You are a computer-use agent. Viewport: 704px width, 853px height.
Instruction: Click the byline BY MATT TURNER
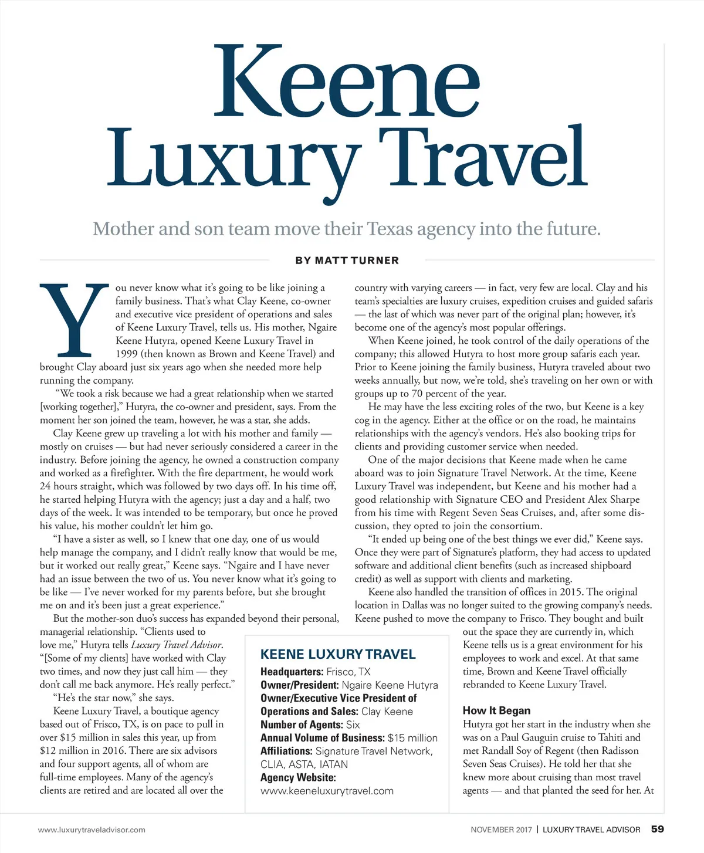coord(347,260)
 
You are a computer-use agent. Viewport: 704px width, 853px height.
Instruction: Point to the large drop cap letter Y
coord(74,320)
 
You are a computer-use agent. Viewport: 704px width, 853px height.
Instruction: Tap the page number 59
coord(657,829)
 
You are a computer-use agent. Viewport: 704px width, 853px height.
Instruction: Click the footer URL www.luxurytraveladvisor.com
coord(92,830)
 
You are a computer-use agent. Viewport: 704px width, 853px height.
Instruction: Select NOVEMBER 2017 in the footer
coord(501,830)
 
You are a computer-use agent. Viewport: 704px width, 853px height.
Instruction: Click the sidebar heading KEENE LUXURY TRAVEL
coord(338,655)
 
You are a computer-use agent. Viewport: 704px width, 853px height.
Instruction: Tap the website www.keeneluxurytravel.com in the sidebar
coord(327,791)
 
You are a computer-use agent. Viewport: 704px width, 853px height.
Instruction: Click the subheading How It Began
coord(496,710)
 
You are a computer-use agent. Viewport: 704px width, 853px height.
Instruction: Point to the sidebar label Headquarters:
coord(292,672)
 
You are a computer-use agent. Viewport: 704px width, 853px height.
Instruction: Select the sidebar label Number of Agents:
coord(302,725)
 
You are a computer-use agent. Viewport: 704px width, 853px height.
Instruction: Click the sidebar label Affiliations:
coord(286,751)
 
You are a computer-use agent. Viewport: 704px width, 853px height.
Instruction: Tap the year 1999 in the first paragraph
coord(127,354)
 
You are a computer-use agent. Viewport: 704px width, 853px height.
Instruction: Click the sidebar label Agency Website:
coord(298,777)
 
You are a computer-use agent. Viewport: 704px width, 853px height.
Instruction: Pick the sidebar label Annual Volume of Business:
coord(323,738)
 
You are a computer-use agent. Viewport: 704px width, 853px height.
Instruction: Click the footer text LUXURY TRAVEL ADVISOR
coord(591,830)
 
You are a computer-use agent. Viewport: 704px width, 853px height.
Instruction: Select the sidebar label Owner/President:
coord(299,685)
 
